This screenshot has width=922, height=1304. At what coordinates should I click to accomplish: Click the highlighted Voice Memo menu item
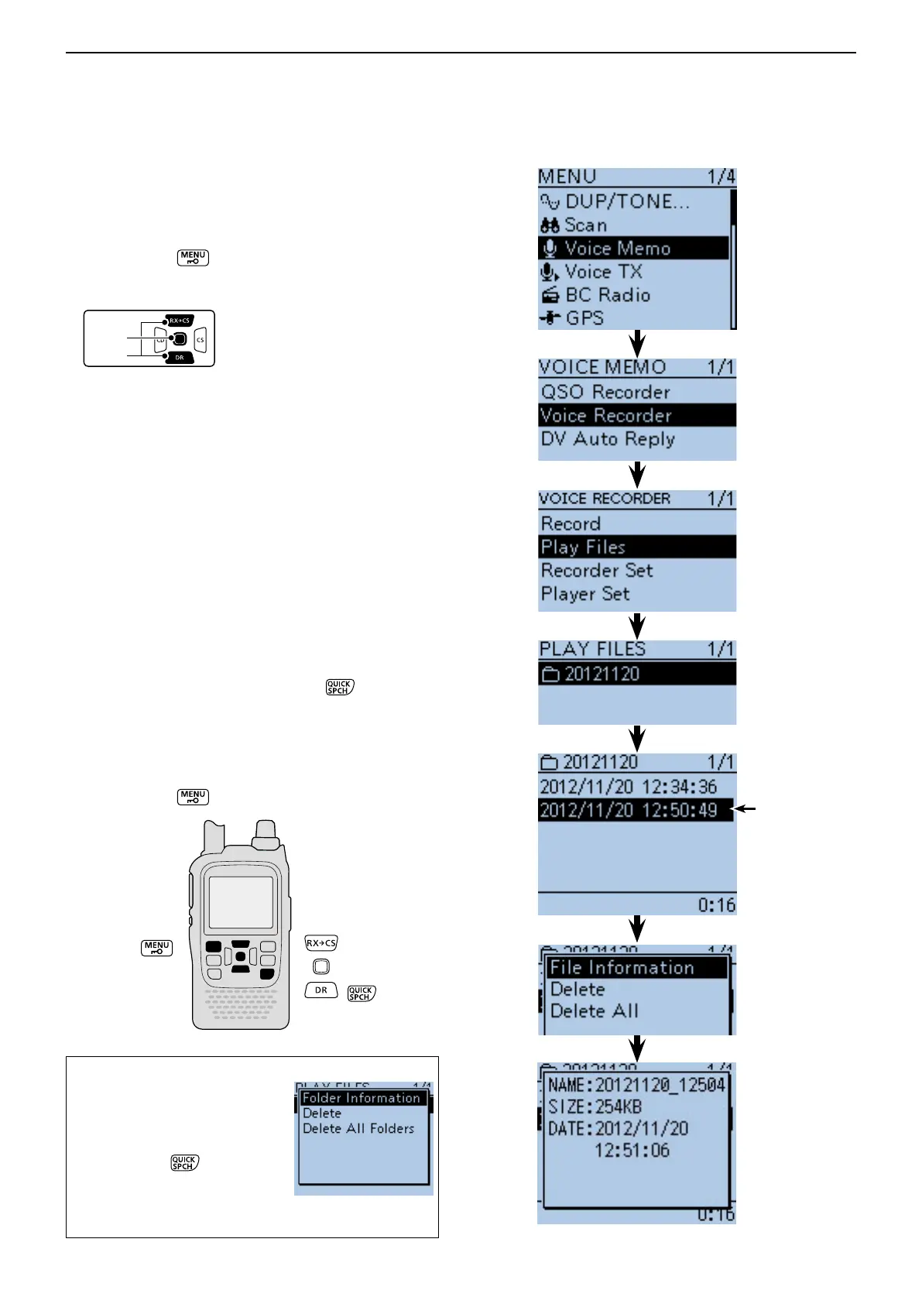click(617, 249)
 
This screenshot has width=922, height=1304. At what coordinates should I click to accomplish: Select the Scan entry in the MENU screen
click(585, 225)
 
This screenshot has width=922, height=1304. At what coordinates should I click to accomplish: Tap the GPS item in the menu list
click(584, 318)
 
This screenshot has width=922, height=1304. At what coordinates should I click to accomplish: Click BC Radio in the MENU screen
click(607, 295)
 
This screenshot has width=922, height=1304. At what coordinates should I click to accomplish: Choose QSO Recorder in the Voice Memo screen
click(605, 392)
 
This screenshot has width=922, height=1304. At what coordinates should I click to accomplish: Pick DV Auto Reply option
click(608, 439)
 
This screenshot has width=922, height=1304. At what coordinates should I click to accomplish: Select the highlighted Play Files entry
click(583, 547)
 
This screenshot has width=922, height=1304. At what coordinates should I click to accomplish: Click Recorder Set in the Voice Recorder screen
click(597, 571)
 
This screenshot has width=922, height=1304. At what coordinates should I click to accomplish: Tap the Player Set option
click(585, 594)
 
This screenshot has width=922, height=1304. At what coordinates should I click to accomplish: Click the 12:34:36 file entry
click(628, 787)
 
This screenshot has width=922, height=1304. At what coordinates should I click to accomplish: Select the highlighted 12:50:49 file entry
click(628, 810)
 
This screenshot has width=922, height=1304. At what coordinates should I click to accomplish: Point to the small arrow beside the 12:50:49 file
click(745, 809)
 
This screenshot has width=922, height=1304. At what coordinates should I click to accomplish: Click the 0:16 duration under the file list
click(716, 904)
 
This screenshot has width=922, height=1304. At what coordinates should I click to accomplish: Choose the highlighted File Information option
click(622, 967)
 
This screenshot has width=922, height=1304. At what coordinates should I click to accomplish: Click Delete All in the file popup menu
click(594, 1011)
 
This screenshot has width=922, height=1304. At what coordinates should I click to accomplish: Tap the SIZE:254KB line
click(595, 1107)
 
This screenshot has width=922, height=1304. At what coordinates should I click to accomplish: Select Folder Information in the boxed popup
click(361, 1098)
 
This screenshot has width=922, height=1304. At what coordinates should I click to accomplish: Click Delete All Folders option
click(358, 1128)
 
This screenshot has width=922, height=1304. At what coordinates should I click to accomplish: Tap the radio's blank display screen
click(241, 902)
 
